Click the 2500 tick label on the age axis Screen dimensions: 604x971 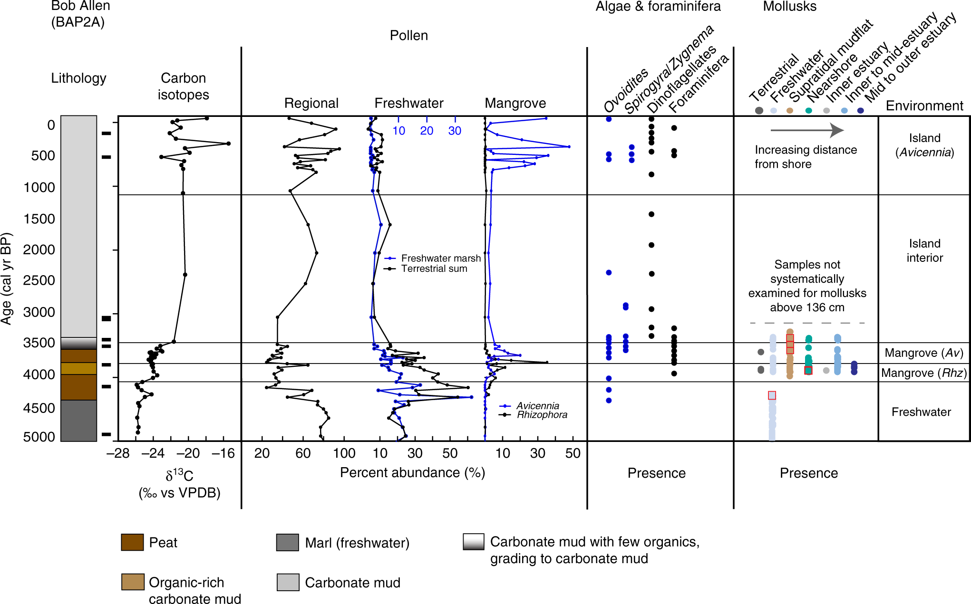[39, 280]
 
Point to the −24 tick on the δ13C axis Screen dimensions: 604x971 [153, 453]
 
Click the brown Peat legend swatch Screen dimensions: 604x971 [132, 542]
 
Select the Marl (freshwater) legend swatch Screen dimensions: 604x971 [288, 542]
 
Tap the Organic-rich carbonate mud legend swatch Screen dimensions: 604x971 [132, 582]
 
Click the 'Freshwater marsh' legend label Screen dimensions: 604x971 [440, 258]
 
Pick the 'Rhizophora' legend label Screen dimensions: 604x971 [542, 415]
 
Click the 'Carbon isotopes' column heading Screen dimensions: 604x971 [183, 86]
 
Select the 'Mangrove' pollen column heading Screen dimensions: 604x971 [515, 103]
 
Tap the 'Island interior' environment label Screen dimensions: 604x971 [924, 250]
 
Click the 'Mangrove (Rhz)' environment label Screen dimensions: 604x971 [923, 373]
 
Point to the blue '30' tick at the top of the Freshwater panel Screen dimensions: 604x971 [455, 131]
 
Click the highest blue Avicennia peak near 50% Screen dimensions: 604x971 [569, 147]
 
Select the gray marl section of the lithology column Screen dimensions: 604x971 [78, 421]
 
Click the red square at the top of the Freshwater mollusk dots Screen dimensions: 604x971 [772, 395]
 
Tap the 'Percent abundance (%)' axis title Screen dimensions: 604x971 [412, 473]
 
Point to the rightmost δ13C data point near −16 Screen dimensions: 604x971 [228, 144]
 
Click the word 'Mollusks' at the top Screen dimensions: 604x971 [789, 7]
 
